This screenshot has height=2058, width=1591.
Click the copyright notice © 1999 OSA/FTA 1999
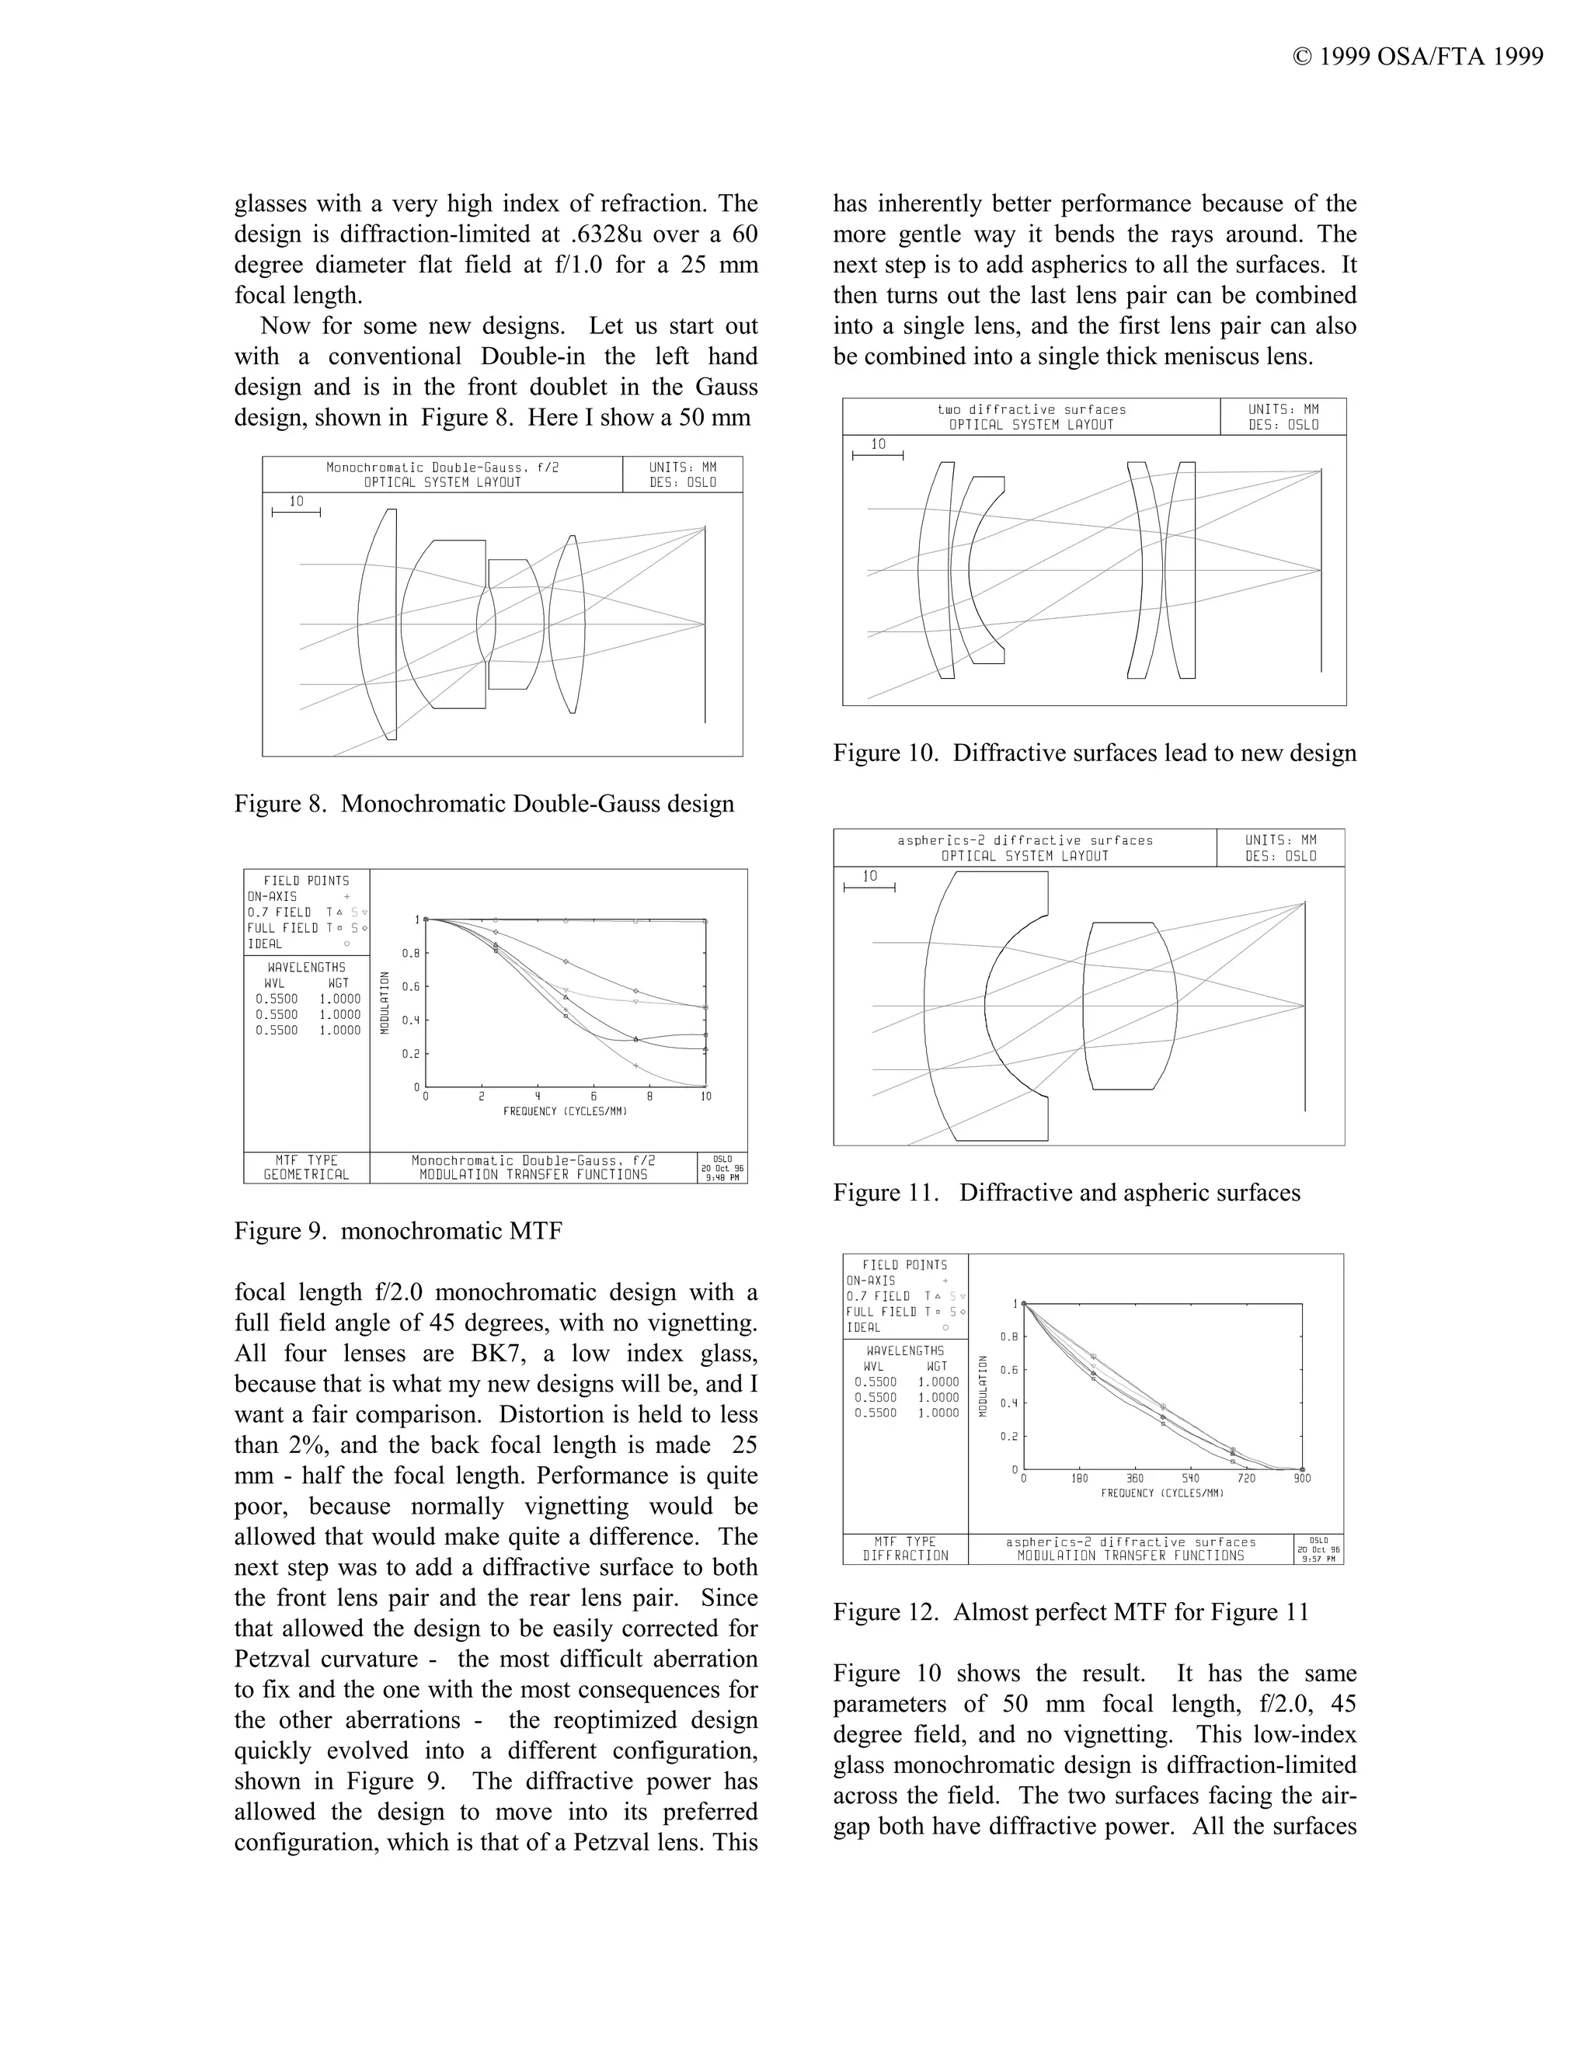[x=1418, y=57]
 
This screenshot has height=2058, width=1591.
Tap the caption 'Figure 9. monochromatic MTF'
[x=398, y=1231]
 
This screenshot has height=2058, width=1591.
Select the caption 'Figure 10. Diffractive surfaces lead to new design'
[x=1095, y=753]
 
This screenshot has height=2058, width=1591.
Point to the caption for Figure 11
[x=1066, y=1193]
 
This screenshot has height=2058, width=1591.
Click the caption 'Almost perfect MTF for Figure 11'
[x=1130, y=1612]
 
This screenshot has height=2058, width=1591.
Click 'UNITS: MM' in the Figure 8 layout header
[x=682, y=468]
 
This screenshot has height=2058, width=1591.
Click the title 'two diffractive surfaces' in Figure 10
[x=1031, y=410]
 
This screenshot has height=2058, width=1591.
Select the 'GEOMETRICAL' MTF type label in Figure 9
[x=305, y=1175]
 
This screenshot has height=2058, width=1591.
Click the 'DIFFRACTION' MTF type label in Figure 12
[x=905, y=1556]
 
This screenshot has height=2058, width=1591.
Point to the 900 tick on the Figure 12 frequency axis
[x=1302, y=1479]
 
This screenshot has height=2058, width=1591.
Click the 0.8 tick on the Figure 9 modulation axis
[x=411, y=954]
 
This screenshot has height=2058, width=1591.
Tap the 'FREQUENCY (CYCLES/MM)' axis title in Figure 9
[x=565, y=1112]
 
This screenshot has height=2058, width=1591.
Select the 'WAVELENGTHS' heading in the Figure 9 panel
[x=305, y=968]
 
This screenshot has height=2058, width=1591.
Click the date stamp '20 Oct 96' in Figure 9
[x=722, y=1169]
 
